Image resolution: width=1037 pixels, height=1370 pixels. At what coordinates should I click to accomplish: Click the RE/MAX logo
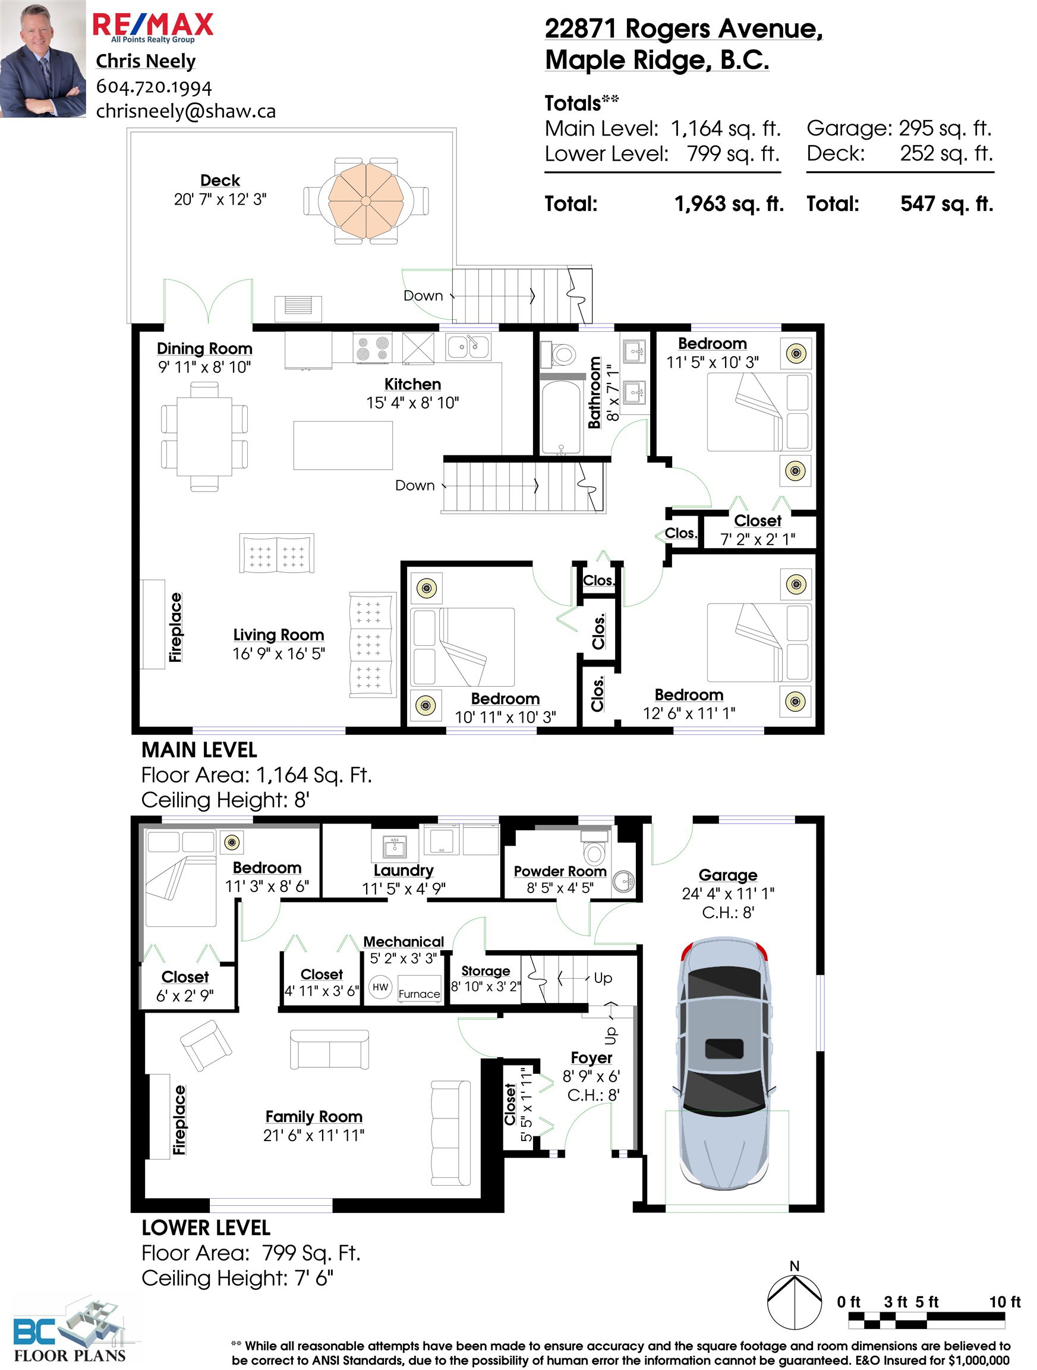click(153, 27)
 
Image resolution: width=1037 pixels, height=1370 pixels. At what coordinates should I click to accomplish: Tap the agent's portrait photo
click(43, 59)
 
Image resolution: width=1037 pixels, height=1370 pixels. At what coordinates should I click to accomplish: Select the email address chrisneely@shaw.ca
click(186, 111)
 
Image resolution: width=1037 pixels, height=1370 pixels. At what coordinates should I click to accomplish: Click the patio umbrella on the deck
click(366, 200)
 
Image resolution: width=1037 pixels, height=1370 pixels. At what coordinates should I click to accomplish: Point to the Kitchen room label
click(412, 384)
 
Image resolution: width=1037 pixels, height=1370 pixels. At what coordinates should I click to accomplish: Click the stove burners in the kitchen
click(372, 347)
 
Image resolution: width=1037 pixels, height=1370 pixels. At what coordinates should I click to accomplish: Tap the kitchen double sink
click(468, 347)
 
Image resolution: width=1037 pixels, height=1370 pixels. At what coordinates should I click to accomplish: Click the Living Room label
click(279, 635)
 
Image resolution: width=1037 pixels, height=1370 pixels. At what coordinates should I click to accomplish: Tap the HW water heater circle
click(381, 987)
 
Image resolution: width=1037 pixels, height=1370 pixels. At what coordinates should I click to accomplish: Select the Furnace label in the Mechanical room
click(419, 994)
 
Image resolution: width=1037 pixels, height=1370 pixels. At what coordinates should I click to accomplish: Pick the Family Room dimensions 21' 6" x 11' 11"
click(314, 1135)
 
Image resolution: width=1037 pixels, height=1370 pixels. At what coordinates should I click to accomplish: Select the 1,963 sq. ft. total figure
click(729, 204)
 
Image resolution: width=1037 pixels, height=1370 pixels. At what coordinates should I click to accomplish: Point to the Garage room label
click(728, 875)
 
